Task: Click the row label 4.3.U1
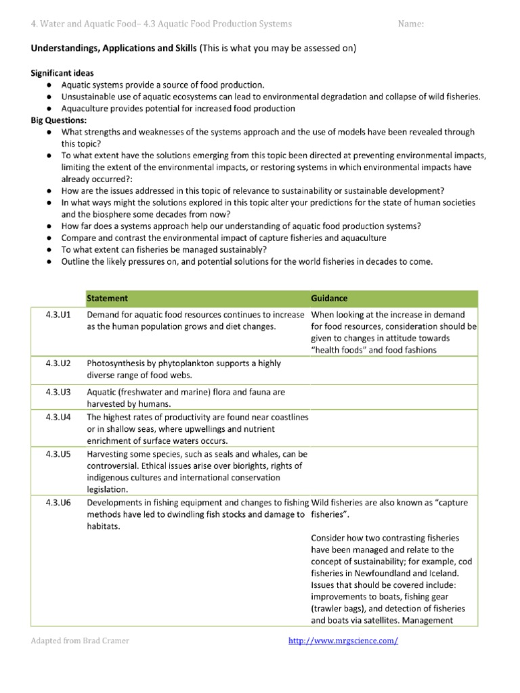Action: (x=56, y=315)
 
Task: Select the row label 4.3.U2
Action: (x=56, y=363)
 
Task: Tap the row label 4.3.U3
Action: (x=56, y=392)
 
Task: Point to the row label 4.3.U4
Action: (x=56, y=418)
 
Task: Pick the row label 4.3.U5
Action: (x=56, y=453)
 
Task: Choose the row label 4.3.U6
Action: (x=56, y=502)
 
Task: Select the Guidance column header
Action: (x=330, y=298)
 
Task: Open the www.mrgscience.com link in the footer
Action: (x=343, y=641)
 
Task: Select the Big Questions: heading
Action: (x=59, y=120)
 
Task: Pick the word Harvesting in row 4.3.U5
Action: (x=109, y=453)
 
